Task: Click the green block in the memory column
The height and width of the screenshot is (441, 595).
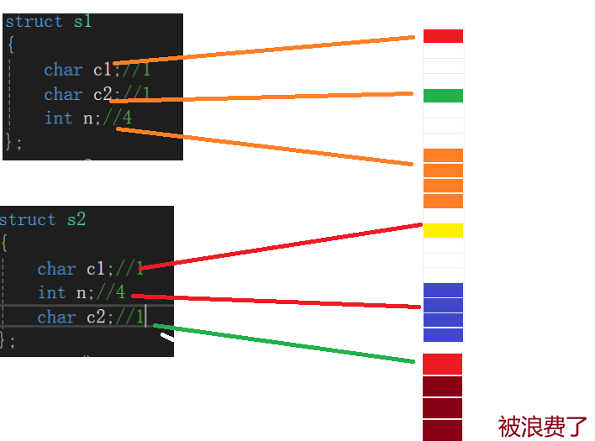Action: click(443, 95)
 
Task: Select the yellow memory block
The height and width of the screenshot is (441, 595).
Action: click(443, 230)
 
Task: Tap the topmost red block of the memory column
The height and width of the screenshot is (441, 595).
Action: click(443, 36)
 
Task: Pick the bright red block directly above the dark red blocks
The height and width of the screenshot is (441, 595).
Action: click(443, 364)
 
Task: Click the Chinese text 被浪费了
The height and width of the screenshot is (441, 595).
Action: click(543, 426)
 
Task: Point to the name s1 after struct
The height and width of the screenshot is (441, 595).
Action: click(82, 22)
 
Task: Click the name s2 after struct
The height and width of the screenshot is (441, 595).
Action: click(76, 220)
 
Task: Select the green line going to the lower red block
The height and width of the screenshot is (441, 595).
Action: click(286, 344)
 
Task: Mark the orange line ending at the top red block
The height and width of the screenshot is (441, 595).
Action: click(269, 50)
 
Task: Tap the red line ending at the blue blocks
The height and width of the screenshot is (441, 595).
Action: click(277, 302)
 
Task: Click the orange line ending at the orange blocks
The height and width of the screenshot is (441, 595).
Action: click(269, 146)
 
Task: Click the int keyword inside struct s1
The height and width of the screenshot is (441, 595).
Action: click(59, 118)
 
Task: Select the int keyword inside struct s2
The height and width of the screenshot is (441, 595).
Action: click(51, 292)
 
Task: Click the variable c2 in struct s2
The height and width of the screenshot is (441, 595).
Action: click(96, 317)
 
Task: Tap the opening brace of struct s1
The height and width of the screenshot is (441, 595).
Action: click(10, 44)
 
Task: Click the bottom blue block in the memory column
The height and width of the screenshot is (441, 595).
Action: click(443, 335)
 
